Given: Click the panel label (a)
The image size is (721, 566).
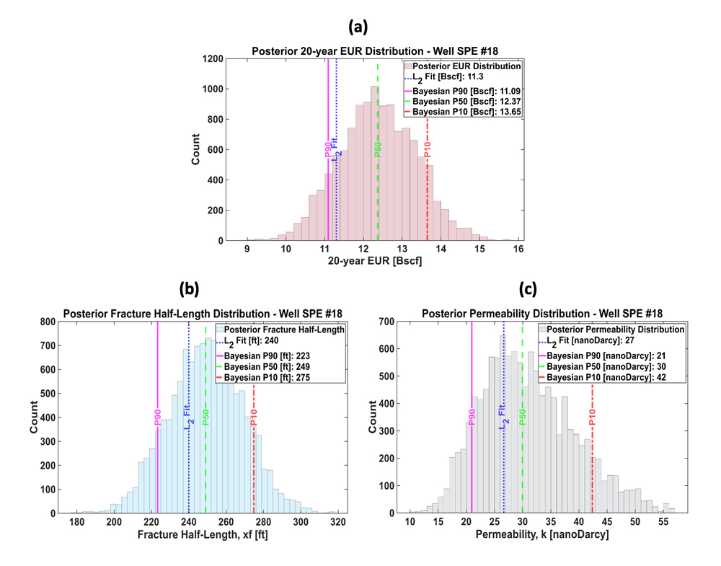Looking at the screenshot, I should click(358, 27).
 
